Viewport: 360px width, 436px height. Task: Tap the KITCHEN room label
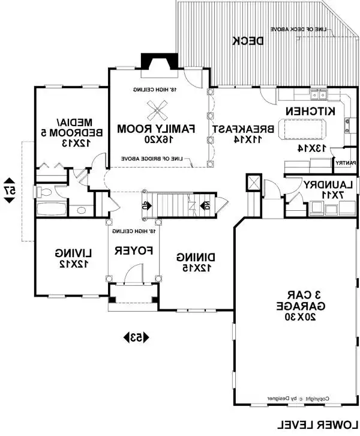pyautogui.click(x=310, y=112)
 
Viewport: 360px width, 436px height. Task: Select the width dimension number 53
pyautogui.click(x=137, y=338)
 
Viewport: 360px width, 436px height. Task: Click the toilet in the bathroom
pyautogui.click(x=46, y=192)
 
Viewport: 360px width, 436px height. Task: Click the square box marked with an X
pyautogui.click(x=253, y=183)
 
